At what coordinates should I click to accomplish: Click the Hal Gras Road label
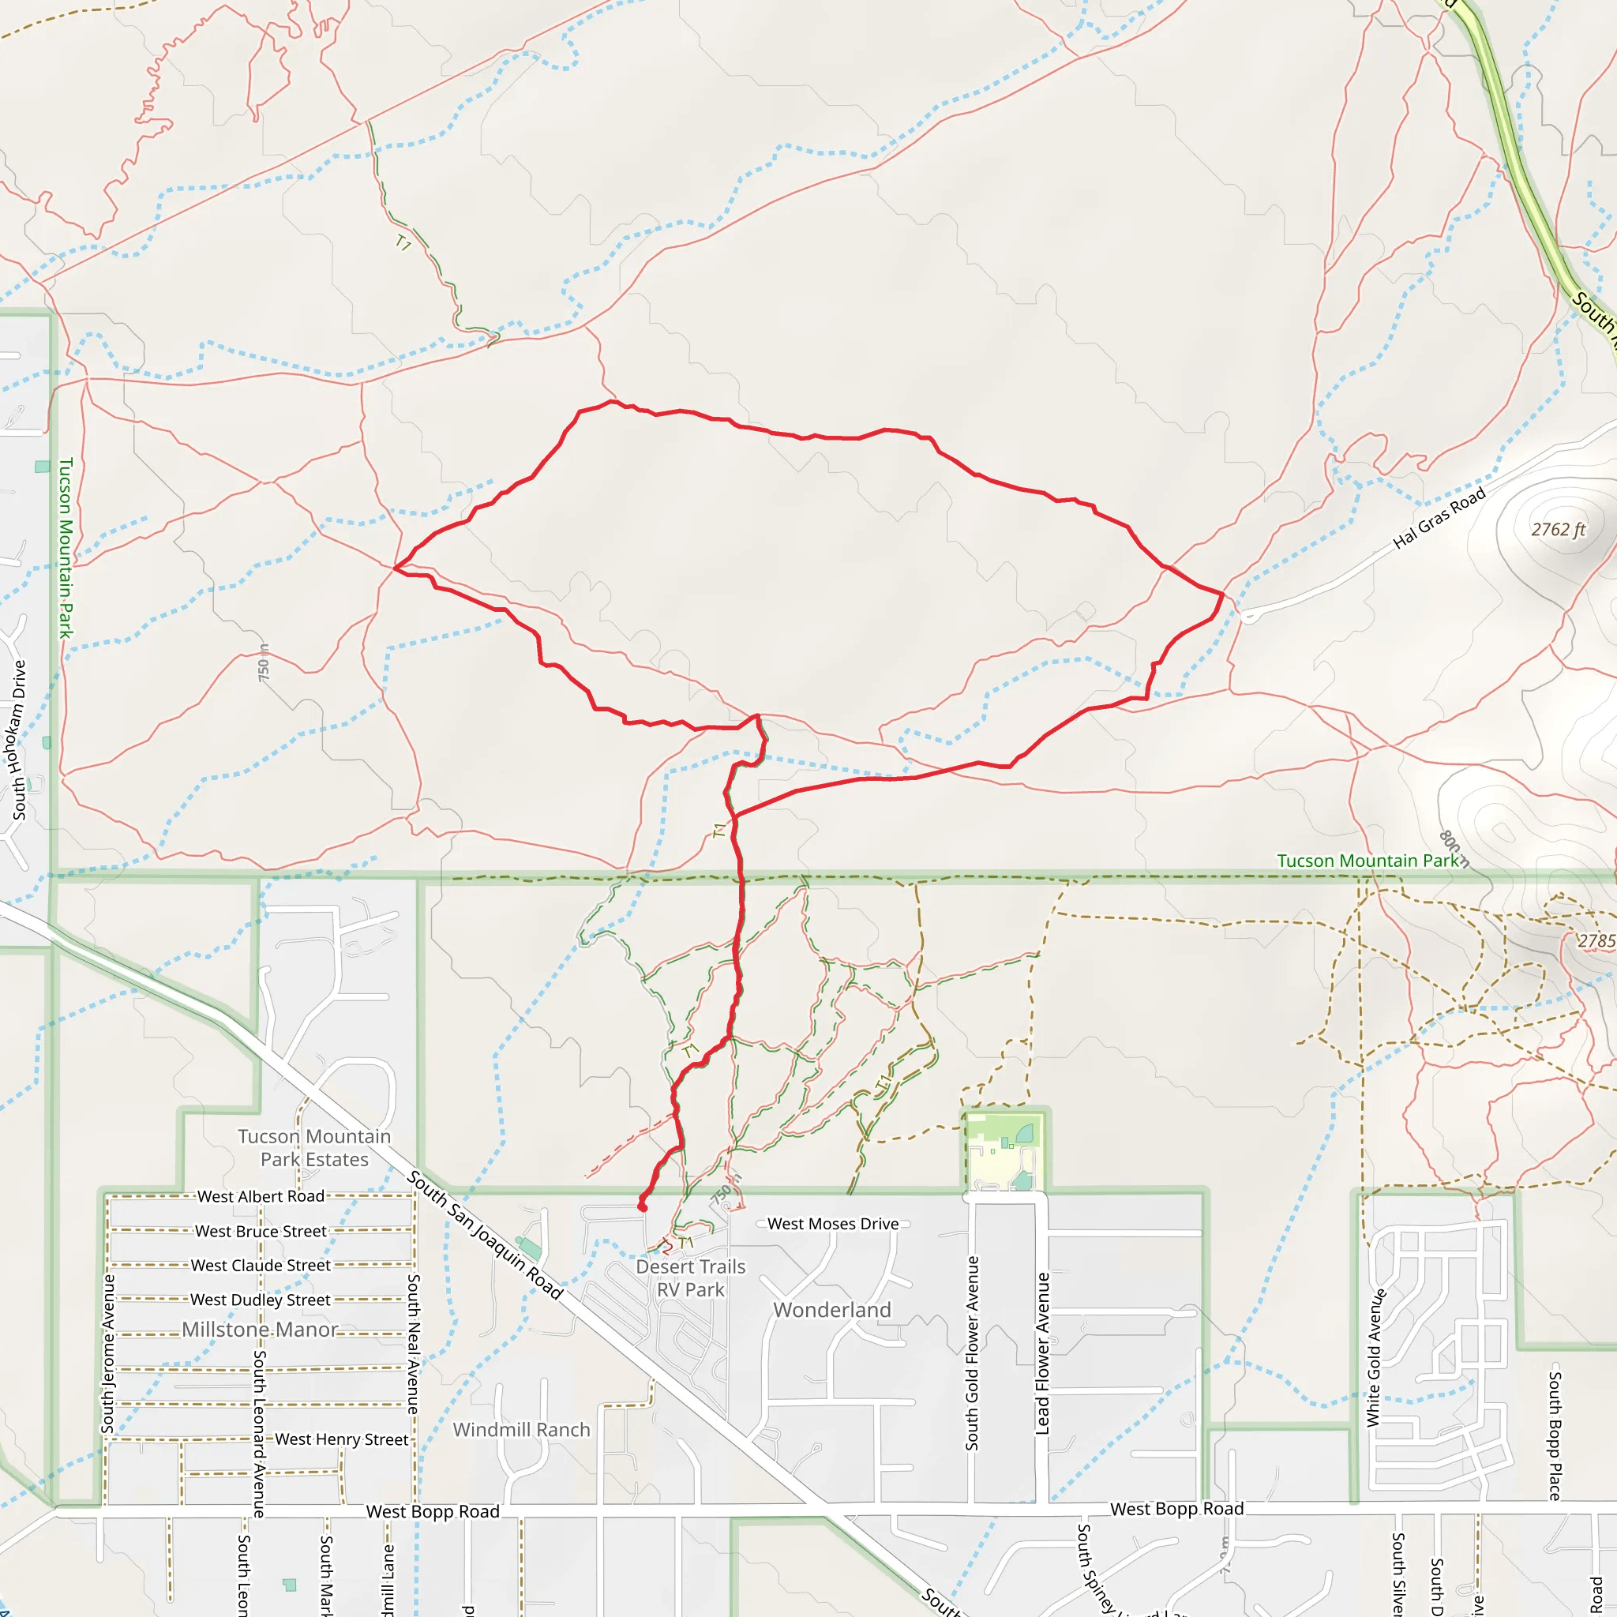1439,518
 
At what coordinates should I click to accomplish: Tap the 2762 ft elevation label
1559,530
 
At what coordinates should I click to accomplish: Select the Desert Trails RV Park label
691,1278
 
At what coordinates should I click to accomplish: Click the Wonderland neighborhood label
832,1310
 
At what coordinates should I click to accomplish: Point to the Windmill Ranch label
521,1430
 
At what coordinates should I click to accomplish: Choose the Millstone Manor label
260,1329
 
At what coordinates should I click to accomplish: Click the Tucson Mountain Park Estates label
314,1147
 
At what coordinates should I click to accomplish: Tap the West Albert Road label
261,1197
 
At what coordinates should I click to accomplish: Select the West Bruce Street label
261,1231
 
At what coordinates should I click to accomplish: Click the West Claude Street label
261,1266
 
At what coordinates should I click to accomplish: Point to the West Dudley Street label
261,1300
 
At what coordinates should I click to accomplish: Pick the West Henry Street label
341,1439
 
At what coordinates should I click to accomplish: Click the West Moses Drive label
833,1224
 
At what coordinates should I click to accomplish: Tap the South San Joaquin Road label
486,1235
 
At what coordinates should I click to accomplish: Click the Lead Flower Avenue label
1042,1353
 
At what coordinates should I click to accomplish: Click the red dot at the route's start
642,1207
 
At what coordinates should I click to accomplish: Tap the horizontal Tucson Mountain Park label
1367,861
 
